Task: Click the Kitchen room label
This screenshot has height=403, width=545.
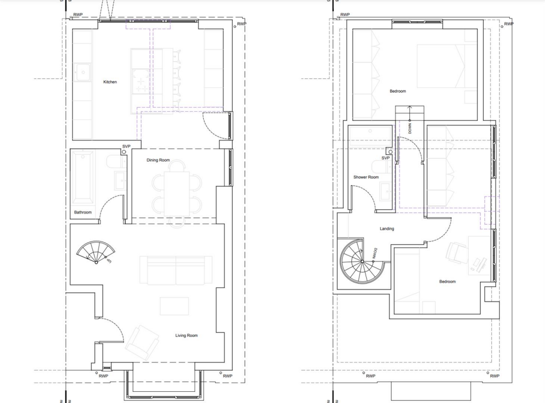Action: (x=110, y=82)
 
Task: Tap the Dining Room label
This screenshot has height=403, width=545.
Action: (x=158, y=160)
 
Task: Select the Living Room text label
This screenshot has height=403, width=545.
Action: (x=186, y=335)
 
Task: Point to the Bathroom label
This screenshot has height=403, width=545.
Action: (x=82, y=212)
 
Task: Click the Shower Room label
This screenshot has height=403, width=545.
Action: (x=366, y=177)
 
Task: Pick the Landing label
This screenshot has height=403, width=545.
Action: (x=387, y=228)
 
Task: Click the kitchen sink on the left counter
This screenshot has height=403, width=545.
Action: (x=82, y=73)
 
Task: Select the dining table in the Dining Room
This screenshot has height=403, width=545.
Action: (x=177, y=193)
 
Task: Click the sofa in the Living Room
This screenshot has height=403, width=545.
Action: (x=176, y=270)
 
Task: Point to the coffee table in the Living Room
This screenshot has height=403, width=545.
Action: (x=174, y=306)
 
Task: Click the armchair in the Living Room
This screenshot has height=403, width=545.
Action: (x=142, y=343)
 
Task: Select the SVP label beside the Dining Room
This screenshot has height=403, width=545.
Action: (x=126, y=146)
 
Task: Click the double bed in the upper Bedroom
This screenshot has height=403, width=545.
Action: (x=447, y=66)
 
